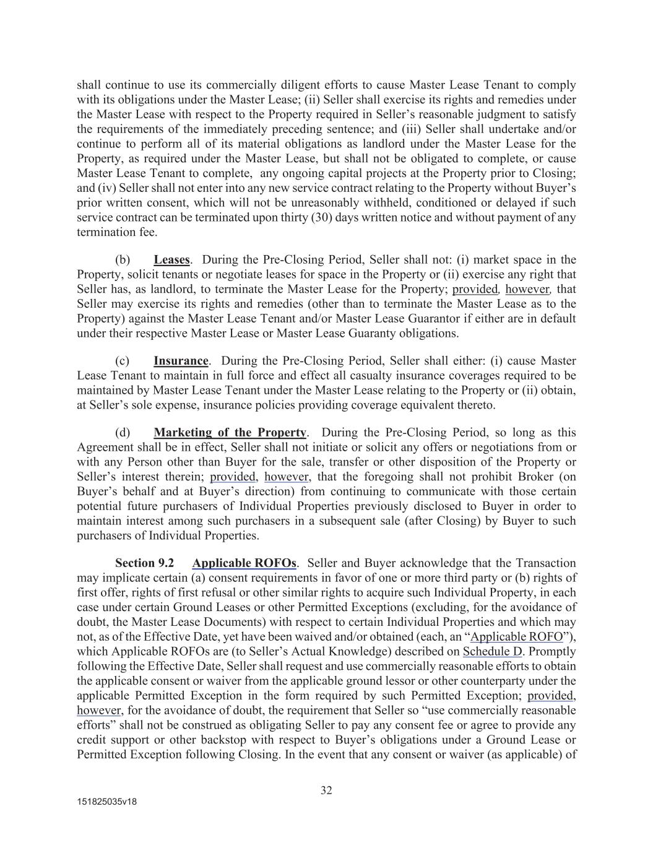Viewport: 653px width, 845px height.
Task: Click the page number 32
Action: point(326,791)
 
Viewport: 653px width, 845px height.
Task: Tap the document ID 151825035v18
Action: point(107,802)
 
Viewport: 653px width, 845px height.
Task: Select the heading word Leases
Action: point(171,260)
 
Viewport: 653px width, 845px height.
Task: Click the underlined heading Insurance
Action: point(181,361)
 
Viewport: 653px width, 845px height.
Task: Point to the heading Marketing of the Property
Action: point(230,433)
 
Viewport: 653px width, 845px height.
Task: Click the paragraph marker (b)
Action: point(123,260)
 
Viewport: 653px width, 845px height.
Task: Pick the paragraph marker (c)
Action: point(123,361)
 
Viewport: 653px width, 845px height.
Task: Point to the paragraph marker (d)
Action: point(123,433)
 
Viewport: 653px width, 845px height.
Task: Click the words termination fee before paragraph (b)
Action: point(117,233)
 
